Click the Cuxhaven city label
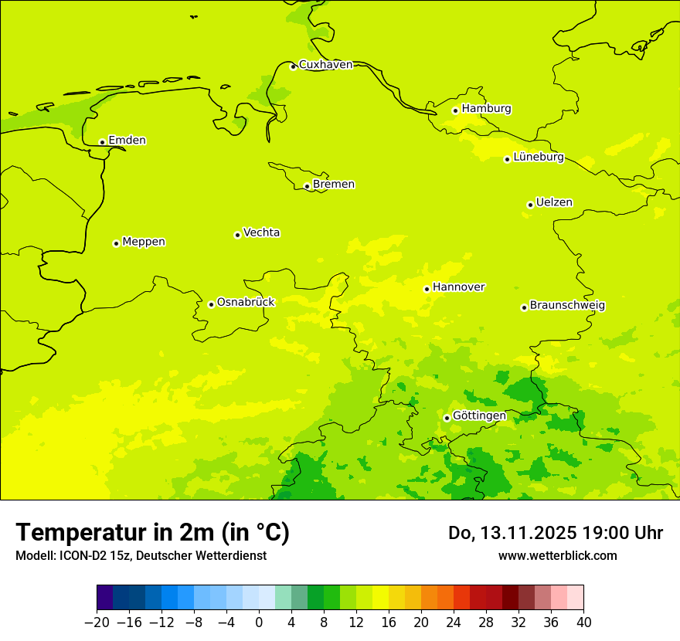[325, 65]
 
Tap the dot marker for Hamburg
[455, 110]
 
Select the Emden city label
[127, 141]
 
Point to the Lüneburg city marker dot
[507, 159]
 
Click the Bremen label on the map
[333, 185]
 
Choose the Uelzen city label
[554, 203]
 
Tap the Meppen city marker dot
[116, 243]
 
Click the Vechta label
[261, 232]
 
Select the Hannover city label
[458, 287]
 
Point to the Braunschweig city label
[567, 306]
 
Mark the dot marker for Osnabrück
[211, 304]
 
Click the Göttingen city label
[479, 416]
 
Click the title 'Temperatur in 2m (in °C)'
[152, 532]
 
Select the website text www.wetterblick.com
[557, 555]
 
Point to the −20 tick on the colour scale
[97, 622]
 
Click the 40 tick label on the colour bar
[583, 622]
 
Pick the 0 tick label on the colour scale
[259, 622]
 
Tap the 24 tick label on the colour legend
[454, 622]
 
